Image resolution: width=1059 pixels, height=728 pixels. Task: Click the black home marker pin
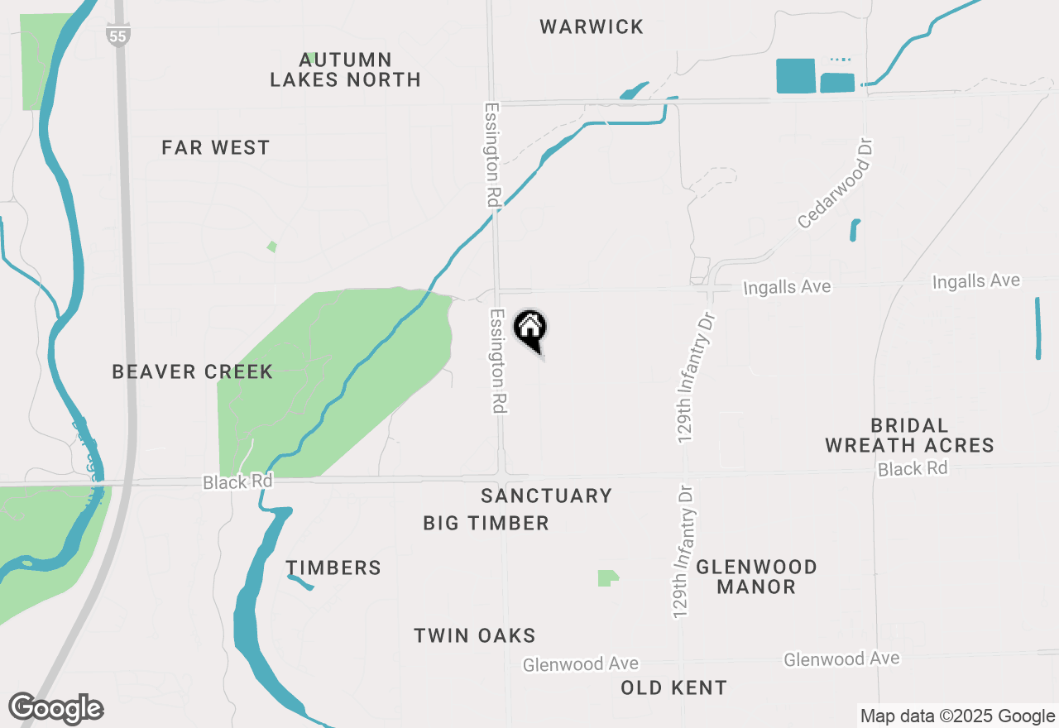pyautogui.click(x=530, y=328)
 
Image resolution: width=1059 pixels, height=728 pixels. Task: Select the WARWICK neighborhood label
pyautogui.click(x=592, y=26)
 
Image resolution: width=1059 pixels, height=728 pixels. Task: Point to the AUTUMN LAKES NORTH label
pyautogui.click(x=345, y=69)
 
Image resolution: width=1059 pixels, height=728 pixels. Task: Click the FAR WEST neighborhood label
pyautogui.click(x=216, y=147)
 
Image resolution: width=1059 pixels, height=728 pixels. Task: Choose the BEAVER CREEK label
pyautogui.click(x=193, y=371)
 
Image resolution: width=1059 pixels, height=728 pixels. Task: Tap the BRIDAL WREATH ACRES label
pyautogui.click(x=909, y=435)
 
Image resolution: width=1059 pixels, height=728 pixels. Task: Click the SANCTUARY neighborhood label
pyautogui.click(x=546, y=495)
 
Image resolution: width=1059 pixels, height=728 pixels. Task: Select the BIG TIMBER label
pyautogui.click(x=486, y=523)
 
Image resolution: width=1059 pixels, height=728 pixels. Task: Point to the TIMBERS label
pyautogui.click(x=333, y=568)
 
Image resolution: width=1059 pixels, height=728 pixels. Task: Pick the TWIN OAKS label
pyautogui.click(x=475, y=635)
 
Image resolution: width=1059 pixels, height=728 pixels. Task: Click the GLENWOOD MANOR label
pyautogui.click(x=756, y=577)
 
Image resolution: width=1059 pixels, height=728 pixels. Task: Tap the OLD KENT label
pyautogui.click(x=673, y=687)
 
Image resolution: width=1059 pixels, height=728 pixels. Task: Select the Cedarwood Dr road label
pyautogui.click(x=835, y=184)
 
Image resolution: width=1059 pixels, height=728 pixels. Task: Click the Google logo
pyautogui.click(x=55, y=709)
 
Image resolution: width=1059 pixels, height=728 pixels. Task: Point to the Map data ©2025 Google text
pyautogui.click(x=957, y=716)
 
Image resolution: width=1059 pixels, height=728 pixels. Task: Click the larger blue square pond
pyautogui.click(x=795, y=76)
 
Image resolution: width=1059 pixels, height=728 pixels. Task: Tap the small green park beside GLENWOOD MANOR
pyautogui.click(x=608, y=577)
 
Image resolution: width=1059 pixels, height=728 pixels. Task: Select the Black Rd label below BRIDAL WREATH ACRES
pyautogui.click(x=913, y=468)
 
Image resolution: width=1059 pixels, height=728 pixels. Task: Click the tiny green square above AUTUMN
pyautogui.click(x=311, y=57)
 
